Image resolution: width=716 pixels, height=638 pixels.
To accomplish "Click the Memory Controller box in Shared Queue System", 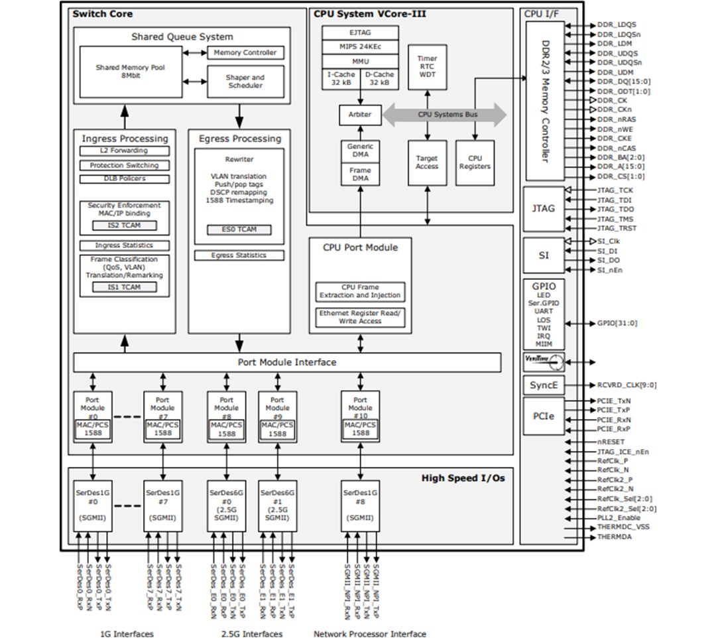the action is pyautogui.click(x=245, y=52).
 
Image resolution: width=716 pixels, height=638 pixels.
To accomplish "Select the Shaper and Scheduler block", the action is pyautogui.click(x=245, y=82).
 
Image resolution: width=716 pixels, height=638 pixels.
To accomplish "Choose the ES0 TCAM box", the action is pyautogui.click(x=239, y=229).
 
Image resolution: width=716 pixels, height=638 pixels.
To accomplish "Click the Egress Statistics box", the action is pyautogui.click(x=239, y=255).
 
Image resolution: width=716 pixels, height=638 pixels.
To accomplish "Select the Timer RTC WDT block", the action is pyautogui.click(x=427, y=68).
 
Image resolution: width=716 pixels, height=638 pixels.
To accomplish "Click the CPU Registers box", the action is pyautogui.click(x=475, y=162).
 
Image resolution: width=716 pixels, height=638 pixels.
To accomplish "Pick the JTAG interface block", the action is pyautogui.click(x=544, y=208).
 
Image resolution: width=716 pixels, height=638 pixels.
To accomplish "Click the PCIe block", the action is pyautogui.click(x=544, y=416).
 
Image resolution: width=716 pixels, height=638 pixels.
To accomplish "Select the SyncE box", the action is pyautogui.click(x=544, y=385).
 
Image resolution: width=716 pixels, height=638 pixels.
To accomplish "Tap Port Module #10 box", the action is pyautogui.click(x=360, y=416).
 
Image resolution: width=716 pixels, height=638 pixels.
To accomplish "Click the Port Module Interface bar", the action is pyautogui.click(x=286, y=362).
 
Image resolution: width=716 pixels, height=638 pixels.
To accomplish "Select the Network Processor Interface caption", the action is pyautogui.click(x=369, y=634).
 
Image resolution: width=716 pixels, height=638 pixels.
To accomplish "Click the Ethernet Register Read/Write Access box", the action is pyautogui.click(x=360, y=317).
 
